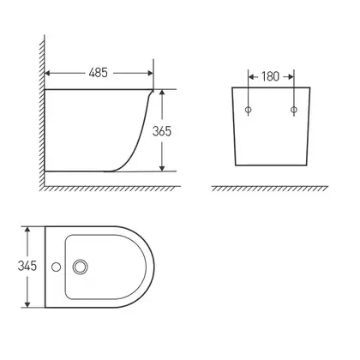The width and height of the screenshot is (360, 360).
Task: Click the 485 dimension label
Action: pos(98,73)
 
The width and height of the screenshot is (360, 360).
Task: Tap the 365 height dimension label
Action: pos(162,131)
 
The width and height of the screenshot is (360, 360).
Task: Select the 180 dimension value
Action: pos(270,76)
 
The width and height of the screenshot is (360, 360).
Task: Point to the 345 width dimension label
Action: pos(27,266)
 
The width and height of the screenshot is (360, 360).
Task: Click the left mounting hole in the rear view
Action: pos(249,110)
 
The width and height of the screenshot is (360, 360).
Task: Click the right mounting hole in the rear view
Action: pos(294,110)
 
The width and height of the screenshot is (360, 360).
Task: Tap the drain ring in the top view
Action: pos(80,267)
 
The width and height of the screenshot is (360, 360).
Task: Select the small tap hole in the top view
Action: pos(56,267)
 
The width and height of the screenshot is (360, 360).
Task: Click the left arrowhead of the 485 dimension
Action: pos(47,73)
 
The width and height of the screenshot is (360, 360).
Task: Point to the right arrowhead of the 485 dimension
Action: pos(150,73)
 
